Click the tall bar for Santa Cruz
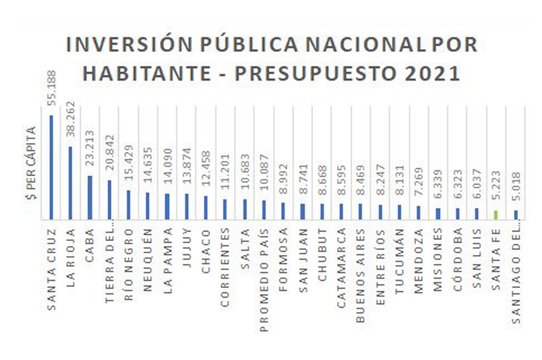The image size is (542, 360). coord(51,167)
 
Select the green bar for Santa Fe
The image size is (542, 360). coord(496,214)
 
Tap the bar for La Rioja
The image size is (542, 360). coord(71,182)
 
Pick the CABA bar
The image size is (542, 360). coord(90,197)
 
